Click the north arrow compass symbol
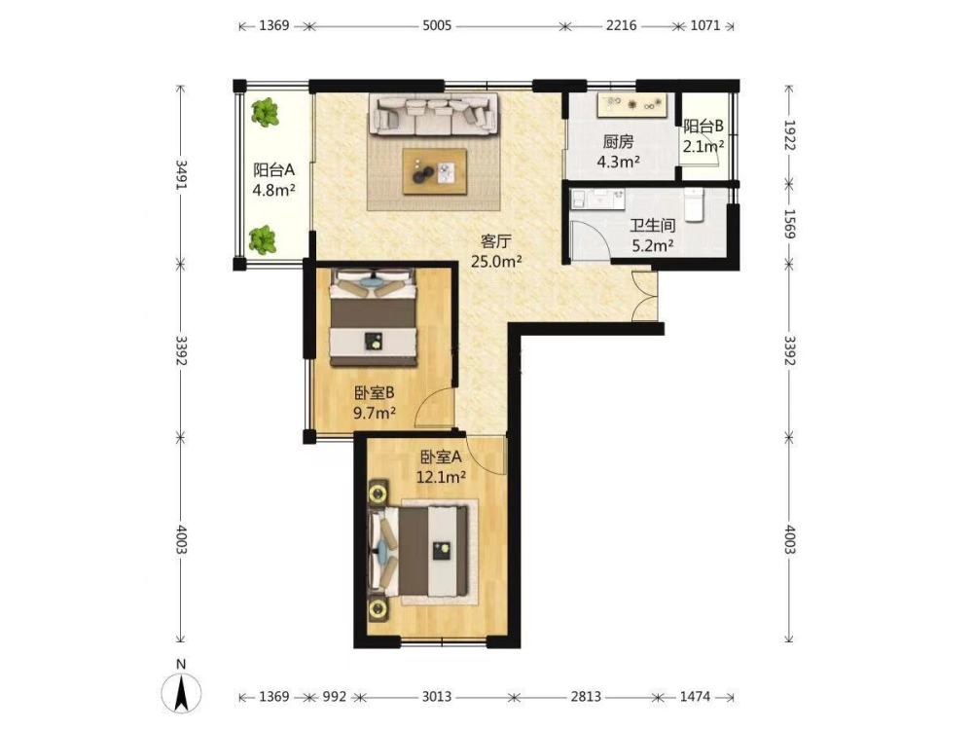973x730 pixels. click(181, 690)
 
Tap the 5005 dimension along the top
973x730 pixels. click(437, 26)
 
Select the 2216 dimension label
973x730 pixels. click(621, 26)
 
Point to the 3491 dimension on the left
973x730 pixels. click(181, 175)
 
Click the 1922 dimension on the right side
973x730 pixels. click(789, 135)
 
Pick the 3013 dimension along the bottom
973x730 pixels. click(437, 697)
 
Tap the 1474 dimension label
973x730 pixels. click(695, 697)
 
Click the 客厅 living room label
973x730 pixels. click(496, 241)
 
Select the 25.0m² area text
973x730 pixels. click(496, 261)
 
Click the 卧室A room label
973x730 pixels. click(441, 457)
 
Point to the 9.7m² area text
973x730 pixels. click(375, 412)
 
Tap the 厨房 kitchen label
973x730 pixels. click(618, 142)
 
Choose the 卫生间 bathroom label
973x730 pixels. click(653, 226)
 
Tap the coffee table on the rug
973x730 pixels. click(434, 171)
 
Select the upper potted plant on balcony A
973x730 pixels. click(265, 112)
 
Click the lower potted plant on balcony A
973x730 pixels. click(263, 240)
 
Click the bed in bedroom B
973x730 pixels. click(373, 317)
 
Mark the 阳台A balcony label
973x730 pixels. click(273, 169)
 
